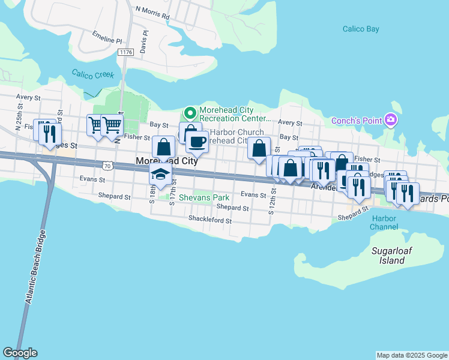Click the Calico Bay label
click(359, 28)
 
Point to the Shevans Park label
click(204, 197)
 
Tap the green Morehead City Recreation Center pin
click(190, 113)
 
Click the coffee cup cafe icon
click(196, 142)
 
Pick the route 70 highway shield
click(106, 164)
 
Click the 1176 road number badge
click(126, 53)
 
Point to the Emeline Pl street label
click(107, 38)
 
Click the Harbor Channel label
click(384, 223)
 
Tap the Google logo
click(20, 353)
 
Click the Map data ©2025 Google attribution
click(412, 355)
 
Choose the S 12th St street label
click(273, 195)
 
